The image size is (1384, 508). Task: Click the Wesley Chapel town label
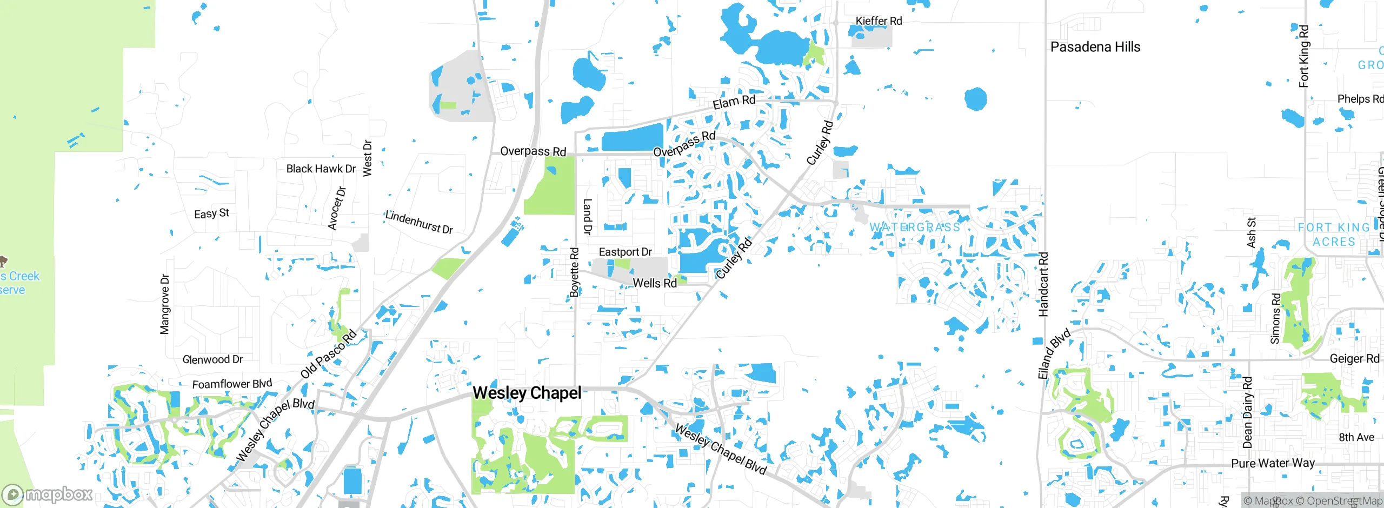click(x=527, y=393)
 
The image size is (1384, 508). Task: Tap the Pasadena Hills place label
click(x=1095, y=47)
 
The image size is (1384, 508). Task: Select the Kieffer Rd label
click(x=879, y=21)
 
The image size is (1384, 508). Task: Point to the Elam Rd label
click(x=734, y=102)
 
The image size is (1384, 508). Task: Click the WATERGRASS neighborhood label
click(x=915, y=228)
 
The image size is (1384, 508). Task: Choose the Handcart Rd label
click(x=1043, y=284)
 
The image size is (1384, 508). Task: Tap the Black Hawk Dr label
click(x=321, y=169)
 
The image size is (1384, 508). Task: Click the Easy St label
click(x=211, y=214)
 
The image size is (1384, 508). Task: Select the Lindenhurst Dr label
click(x=419, y=222)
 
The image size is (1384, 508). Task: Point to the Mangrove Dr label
click(x=165, y=304)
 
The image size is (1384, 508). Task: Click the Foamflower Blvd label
click(x=232, y=384)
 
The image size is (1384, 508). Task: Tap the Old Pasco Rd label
click(x=329, y=353)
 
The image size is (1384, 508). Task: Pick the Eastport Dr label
click(x=625, y=252)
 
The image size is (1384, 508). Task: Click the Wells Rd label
click(x=654, y=283)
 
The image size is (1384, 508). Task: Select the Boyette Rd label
click(x=575, y=272)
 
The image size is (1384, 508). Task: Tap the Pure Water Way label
click(x=1273, y=463)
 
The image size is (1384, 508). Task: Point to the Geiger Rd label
click(x=1354, y=359)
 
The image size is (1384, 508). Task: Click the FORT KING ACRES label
click(x=1334, y=235)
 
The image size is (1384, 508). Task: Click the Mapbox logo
click(x=48, y=494)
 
